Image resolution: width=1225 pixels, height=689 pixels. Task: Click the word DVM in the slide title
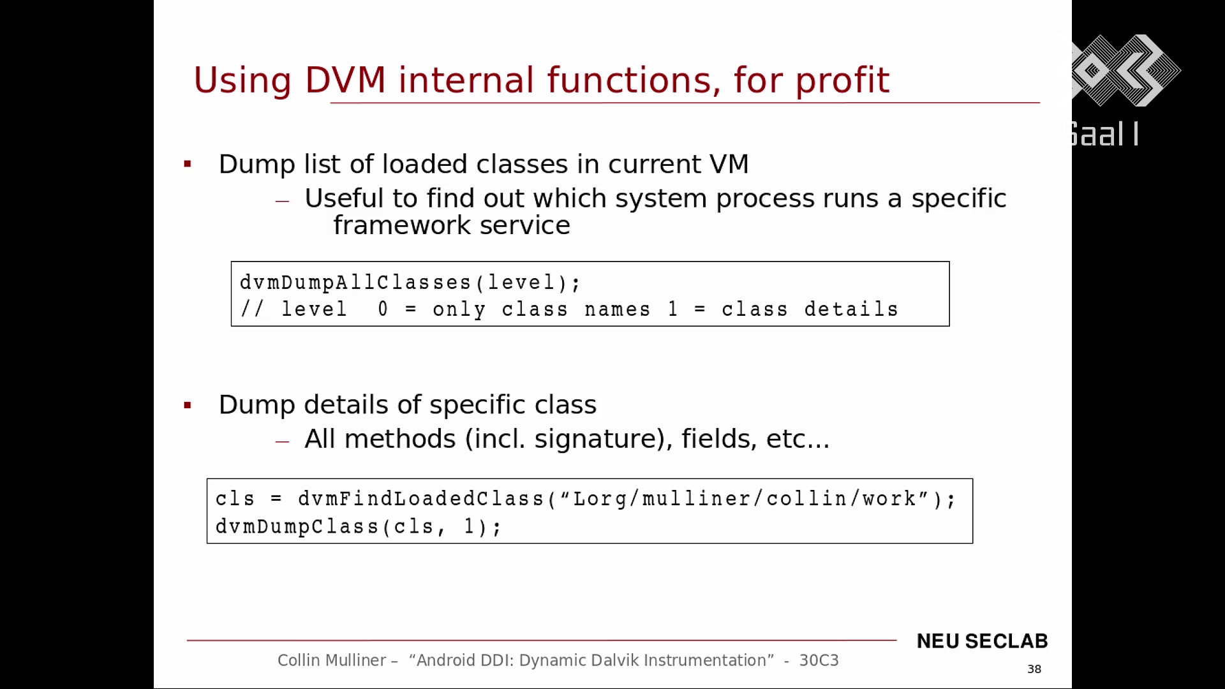pos(345,80)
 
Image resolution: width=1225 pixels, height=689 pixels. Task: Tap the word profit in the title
pos(842,81)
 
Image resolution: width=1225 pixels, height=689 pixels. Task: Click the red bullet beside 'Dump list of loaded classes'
pos(188,165)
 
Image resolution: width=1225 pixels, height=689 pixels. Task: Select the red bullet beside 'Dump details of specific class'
pos(188,405)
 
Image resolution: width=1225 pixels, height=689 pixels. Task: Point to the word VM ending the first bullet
pos(729,165)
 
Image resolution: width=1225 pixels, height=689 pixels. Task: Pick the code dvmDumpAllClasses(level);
pos(410,283)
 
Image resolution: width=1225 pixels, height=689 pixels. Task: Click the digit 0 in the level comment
pos(383,309)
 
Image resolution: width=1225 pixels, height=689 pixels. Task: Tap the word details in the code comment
pos(851,309)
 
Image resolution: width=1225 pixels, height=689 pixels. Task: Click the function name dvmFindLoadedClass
pos(421,499)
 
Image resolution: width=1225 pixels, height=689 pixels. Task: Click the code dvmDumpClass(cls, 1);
pos(359,527)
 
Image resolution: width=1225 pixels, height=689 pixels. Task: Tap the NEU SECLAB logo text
pos(982,641)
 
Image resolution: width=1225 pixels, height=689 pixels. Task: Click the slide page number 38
pos(1034,669)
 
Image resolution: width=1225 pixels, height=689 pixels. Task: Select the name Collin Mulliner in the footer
pos(332,660)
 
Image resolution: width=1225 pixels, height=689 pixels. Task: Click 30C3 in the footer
pos(819,660)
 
